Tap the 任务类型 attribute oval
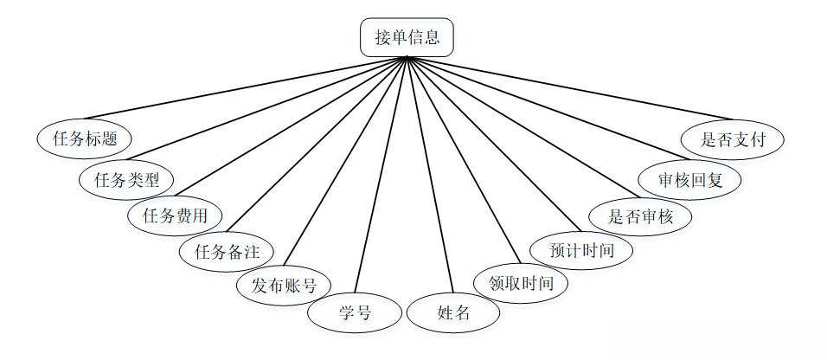pyautogui.click(x=126, y=179)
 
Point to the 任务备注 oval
pyautogui.click(x=226, y=252)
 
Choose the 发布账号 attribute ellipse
pyautogui.click(x=284, y=285)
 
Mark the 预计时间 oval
pyautogui.click(x=582, y=251)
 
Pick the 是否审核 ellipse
pyautogui.click(x=641, y=216)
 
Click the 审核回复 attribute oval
pyautogui.click(x=689, y=180)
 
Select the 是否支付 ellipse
pyautogui.click(x=733, y=139)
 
